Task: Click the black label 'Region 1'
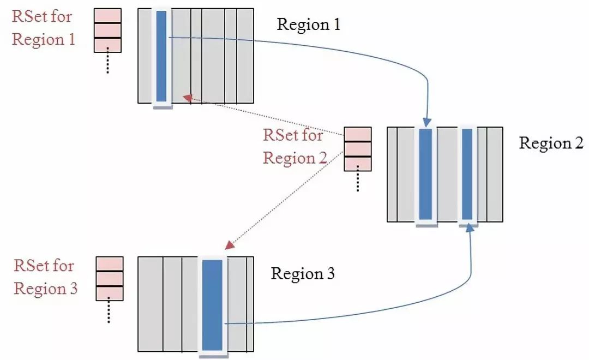pos(309,25)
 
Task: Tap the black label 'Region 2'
pos(551,143)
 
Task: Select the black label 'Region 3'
pos(303,273)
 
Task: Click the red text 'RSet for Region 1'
pos(44,28)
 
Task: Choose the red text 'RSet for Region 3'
pos(45,277)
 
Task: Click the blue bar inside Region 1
pos(161,56)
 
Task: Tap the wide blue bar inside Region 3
pos(212,305)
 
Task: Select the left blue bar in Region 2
pos(426,174)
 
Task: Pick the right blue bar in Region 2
pos(467,174)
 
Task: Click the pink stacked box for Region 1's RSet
pos(107,31)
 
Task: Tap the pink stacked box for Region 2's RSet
pos(358,149)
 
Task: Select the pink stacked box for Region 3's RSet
pos(109,279)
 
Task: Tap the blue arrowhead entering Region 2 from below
pos(469,227)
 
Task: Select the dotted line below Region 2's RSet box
pos(358,181)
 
